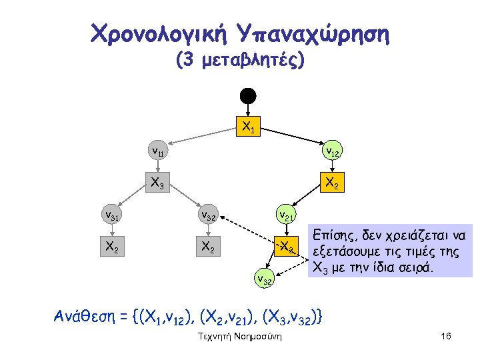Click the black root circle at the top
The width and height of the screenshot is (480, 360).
248,95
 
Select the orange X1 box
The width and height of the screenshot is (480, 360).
248,125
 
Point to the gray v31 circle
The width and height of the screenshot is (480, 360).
111,215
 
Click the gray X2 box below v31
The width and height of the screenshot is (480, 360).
111,246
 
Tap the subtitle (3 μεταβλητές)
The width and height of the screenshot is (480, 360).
240,62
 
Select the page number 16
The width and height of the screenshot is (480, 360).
446,337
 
